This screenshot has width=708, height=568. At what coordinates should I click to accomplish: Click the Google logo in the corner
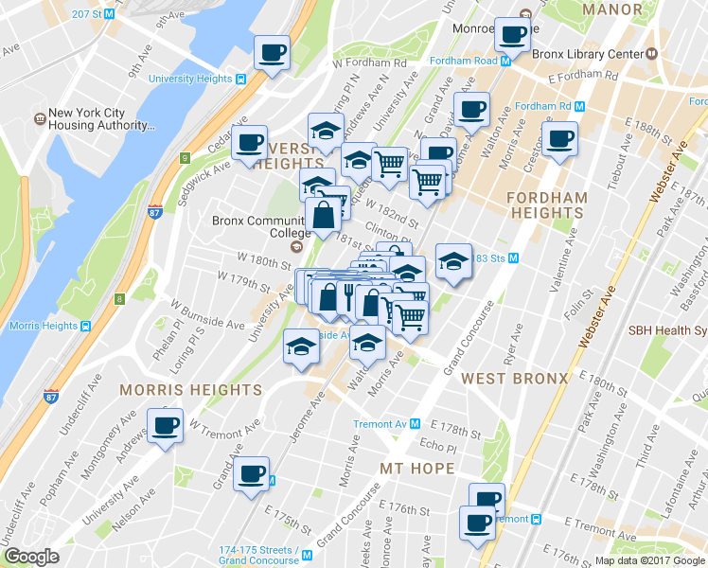(32, 557)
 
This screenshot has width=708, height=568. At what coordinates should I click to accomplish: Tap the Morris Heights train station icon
(86, 326)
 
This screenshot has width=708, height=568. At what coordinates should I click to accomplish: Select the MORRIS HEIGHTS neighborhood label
(190, 390)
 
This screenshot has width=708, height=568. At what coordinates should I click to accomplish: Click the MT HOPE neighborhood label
(418, 469)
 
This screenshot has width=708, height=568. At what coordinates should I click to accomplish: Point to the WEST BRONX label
(515, 379)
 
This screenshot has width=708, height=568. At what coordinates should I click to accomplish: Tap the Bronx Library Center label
(588, 54)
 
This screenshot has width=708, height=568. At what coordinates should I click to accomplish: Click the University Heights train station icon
(241, 80)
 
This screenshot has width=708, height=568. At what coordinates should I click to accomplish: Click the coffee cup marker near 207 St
(273, 53)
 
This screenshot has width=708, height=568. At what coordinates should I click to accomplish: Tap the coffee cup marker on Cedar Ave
(249, 144)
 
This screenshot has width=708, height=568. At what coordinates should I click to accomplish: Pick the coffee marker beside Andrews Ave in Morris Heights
(166, 425)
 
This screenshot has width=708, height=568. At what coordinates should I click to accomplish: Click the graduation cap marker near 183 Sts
(453, 262)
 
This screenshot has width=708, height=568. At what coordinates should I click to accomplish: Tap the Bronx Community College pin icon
(296, 247)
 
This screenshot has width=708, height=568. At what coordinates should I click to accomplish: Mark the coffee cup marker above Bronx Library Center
(513, 35)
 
